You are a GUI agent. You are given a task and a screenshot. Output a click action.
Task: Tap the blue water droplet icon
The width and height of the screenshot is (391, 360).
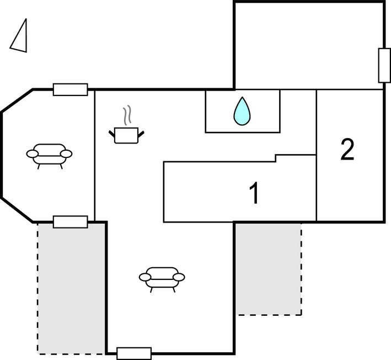click(x=242, y=111)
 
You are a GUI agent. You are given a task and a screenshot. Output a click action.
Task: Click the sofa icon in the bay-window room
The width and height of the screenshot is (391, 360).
click(x=49, y=155)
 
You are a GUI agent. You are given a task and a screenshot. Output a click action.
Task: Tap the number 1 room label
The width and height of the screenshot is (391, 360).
click(x=254, y=194)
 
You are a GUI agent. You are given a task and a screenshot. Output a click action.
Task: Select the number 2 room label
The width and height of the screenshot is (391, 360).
click(x=347, y=150)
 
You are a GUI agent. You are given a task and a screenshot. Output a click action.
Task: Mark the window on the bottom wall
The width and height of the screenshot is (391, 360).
click(x=134, y=353)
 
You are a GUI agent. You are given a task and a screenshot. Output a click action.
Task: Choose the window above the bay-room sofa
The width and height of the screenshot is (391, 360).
click(x=70, y=89)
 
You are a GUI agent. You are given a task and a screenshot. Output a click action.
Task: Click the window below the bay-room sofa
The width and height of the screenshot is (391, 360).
click(x=70, y=222)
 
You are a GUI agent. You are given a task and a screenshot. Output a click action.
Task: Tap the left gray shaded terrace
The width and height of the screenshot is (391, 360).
click(x=72, y=287)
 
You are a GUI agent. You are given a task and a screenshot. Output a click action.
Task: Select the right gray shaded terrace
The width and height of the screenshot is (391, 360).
click(x=268, y=268)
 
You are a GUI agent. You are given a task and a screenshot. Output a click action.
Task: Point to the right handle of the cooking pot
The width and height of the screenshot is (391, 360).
click(x=141, y=133)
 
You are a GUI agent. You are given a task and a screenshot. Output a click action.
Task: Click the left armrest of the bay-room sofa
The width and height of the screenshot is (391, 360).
click(x=31, y=153)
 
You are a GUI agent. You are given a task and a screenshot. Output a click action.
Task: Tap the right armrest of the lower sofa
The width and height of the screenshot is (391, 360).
click(x=179, y=277)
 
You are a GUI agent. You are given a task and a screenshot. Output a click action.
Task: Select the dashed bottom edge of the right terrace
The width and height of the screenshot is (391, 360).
click(x=269, y=315)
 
